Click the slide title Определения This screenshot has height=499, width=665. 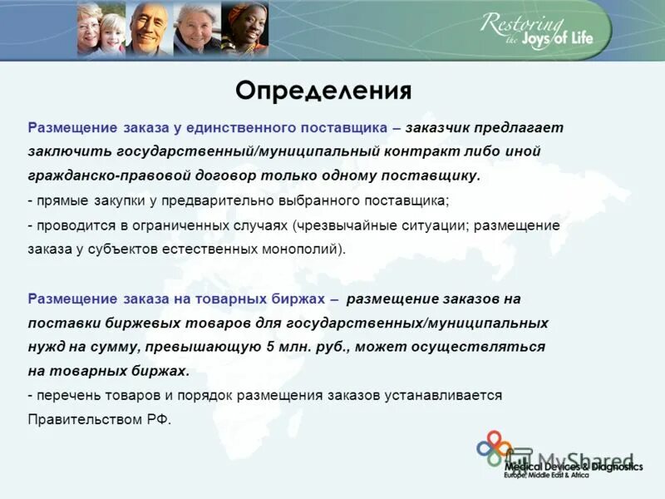(x=323, y=90)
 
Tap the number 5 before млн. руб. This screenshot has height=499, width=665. (x=269, y=347)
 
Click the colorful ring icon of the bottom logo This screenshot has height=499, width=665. (x=494, y=449)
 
